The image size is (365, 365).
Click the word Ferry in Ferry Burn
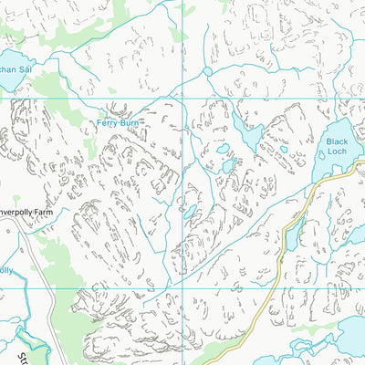click(109, 121)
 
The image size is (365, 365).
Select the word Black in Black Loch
click(339, 142)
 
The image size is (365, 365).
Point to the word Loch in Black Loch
click(339, 154)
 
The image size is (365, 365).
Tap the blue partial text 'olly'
click(6, 270)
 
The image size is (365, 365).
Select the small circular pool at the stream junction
click(207, 70)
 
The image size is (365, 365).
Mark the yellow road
click(274, 283)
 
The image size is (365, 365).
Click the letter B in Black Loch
click(330, 142)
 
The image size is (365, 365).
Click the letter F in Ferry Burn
click(99, 121)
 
